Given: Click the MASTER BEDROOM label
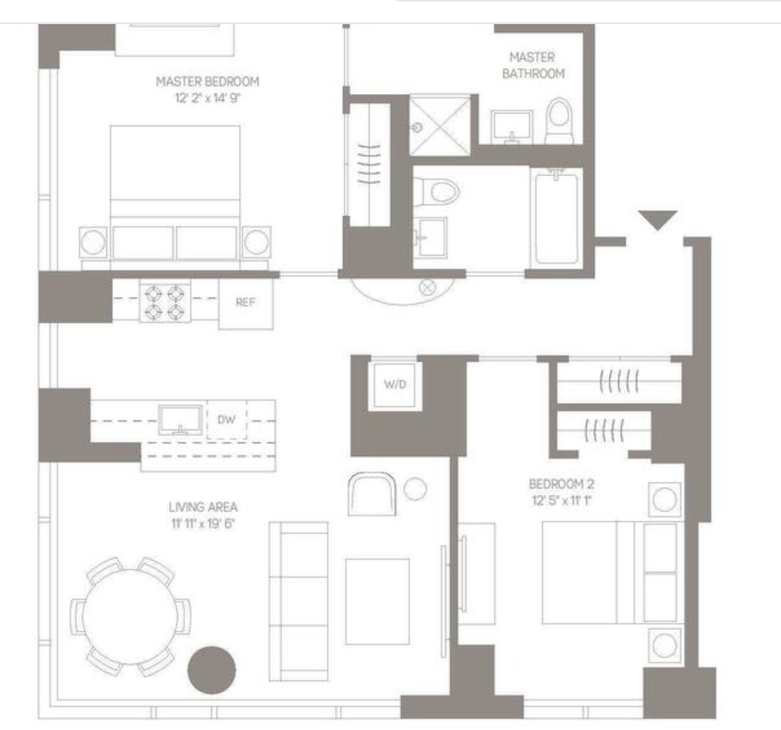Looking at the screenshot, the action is (207, 81).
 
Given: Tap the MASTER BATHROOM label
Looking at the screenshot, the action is (533, 66).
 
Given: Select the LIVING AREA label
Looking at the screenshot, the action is (203, 507).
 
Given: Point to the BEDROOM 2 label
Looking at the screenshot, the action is (561, 484).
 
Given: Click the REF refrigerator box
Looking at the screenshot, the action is (246, 303).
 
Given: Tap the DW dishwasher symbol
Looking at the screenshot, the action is (227, 420).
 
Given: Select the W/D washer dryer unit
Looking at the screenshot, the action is (395, 384).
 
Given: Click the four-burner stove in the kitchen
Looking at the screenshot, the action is (165, 303).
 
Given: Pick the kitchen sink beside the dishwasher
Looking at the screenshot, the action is (180, 420).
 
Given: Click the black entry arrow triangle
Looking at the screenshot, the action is (658, 219).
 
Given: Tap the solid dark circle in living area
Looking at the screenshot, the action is (212, 670).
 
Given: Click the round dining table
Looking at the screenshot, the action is (129, 616).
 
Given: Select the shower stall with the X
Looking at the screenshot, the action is (440, 127).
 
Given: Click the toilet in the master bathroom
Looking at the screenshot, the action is (559, 121).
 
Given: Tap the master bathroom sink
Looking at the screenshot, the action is (512, 126).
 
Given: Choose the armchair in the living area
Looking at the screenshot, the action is (372, 494).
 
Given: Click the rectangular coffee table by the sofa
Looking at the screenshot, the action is (378, 602).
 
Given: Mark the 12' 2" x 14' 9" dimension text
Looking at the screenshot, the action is (207, 97).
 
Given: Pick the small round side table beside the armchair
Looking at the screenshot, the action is (415, 489).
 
